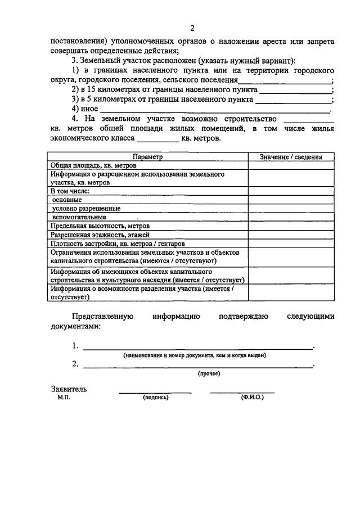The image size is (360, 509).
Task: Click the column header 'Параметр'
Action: (147, 157)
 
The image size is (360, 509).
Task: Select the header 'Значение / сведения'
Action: (291, 157)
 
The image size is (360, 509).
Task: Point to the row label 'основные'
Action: (67, 200)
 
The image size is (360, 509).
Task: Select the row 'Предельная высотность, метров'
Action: (100, 226)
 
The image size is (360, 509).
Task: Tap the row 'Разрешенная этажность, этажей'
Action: (100, 234)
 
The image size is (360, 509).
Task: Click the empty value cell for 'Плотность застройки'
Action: (291, 243)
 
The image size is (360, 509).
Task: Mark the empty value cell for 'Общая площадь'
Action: (291, 165)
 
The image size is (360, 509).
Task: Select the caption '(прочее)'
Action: (209, 373)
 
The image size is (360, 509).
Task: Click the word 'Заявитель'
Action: (69, 389)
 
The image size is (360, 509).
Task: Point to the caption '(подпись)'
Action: (156, 397)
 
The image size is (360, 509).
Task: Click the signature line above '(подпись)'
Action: (155, 392)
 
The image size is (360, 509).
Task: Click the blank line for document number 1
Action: (197, 349)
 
